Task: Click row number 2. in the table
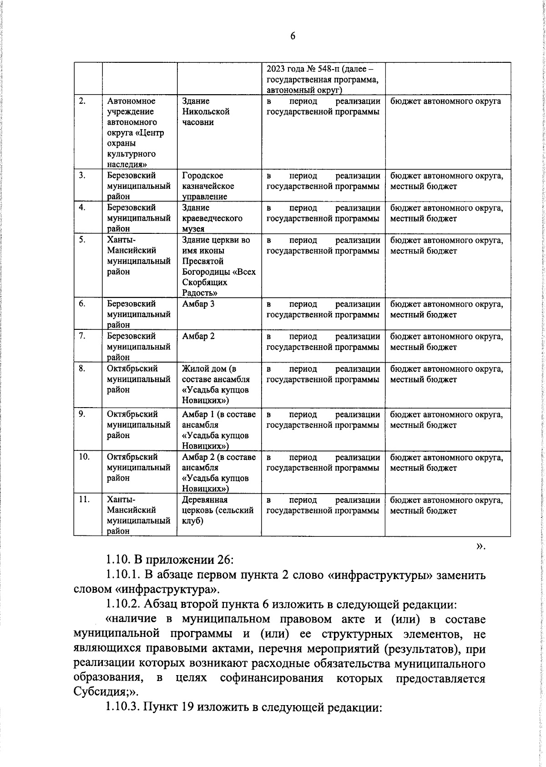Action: click(x=82, y=101)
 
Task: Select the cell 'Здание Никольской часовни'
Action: click(x=206, y=112)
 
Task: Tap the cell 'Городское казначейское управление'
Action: click(x=208, y=186)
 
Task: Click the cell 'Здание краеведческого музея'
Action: click(x=212, y=218)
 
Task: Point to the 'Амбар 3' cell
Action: click(x=198, y=304)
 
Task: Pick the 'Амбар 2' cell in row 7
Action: click(x=198, y=336)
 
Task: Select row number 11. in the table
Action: click(x=84, y=500)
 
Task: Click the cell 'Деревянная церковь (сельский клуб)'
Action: click(x=217, y=510)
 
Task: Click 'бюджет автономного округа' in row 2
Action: click(x=445, y=101)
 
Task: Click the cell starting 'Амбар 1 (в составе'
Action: click(x=218, y=430)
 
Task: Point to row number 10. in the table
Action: click(x=84, y=457)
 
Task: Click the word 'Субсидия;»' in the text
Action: click(x=104, y=692)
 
